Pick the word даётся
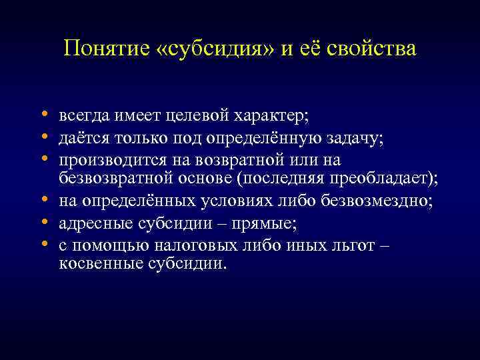[x=81, y=138]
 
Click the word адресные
[x=91, y=222]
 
